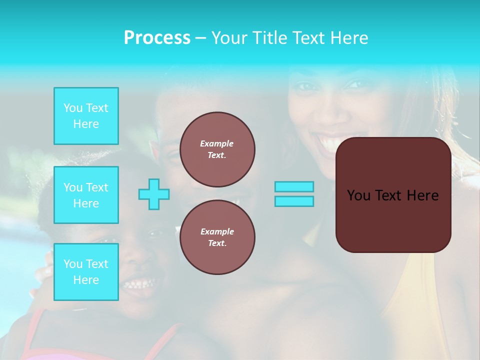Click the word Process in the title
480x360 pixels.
tap(157, 38)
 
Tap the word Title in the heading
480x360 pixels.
tap(268, 38)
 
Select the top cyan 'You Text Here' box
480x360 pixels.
tap(86, 116)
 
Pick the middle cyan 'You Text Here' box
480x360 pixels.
tap(86, 195)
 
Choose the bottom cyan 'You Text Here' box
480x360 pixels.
tap(86, 271)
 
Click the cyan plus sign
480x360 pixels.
tap(154, 194)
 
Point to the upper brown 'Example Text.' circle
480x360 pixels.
tap(217, 149)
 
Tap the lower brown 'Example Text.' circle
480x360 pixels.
tap(217, 237)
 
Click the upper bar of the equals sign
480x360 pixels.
tap(294, 186)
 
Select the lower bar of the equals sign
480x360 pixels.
tap(294, 201)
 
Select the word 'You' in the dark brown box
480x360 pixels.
tap(358, 195)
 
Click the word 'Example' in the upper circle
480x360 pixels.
tap(217, 143)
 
